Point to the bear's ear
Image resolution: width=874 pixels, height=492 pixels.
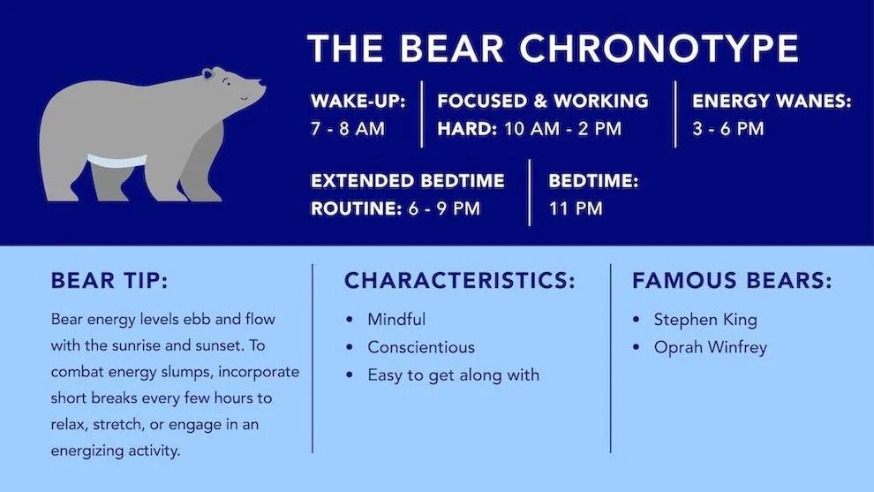pos(208,75)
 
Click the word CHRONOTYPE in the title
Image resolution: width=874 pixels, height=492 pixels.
pos(659,48)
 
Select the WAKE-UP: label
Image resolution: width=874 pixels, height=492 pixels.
pos(358,102)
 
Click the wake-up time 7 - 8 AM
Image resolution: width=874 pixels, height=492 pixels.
pos(348,129)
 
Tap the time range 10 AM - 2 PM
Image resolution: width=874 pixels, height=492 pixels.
pos(562,129)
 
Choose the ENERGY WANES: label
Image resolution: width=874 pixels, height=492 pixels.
pos(772,102)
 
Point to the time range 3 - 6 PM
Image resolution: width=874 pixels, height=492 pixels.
pos(728,129)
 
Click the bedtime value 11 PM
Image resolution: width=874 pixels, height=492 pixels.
pos(576,209)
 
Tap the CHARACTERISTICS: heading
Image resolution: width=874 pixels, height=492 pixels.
pos(459,281)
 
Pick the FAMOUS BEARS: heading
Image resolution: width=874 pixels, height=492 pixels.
pos(732,281)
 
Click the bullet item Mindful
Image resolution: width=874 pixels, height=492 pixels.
pos(396,320)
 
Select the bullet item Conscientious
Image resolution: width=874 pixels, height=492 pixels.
pos(421,347)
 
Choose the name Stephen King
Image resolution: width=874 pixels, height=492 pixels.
pos(705,320)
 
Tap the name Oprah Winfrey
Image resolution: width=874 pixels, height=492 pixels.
pos(710,347)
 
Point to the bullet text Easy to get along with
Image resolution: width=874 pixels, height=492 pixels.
pos(453,375)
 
